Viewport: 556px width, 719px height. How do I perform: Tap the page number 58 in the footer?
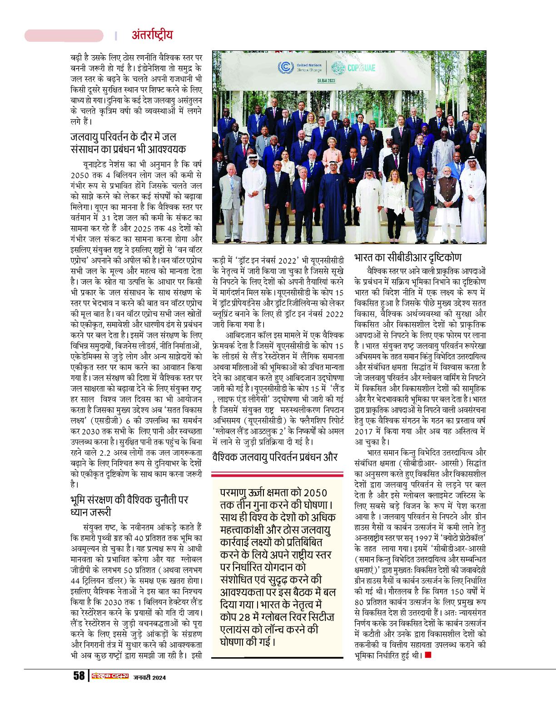point(79,675)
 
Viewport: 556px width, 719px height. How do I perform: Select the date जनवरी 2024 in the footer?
point(149,677)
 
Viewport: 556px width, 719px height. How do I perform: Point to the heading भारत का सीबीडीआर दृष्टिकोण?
point(407,258)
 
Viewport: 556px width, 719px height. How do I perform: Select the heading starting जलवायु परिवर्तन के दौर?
point(128,143)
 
